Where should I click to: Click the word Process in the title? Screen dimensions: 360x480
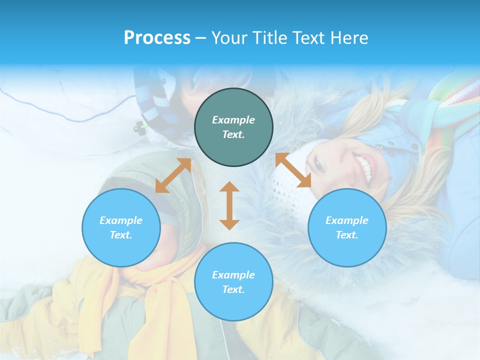click(x=157, y=38)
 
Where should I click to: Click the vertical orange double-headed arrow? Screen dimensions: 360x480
click(x=229, y=205)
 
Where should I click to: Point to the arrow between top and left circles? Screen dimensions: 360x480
click(x=173, y=175)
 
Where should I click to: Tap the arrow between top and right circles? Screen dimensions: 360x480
click(x=293, y=170)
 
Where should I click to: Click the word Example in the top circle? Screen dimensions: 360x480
click(x=233, y=120)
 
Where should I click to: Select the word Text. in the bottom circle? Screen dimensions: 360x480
click(x=233, y=289)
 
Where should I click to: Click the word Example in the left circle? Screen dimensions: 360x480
click(x=121, y=220)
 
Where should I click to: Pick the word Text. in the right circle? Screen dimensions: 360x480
click(x=347, y=235)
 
